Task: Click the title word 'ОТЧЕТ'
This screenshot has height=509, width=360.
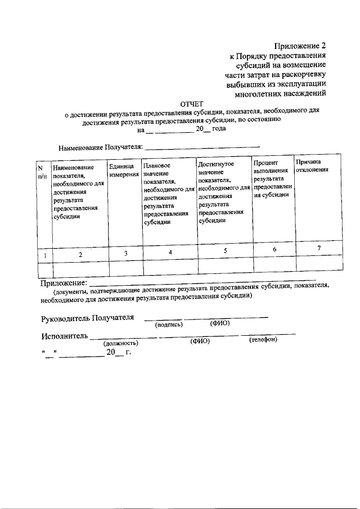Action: pos(191,103)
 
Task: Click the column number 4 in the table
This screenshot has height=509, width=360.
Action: pos(170,252)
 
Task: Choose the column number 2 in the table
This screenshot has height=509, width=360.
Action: pos(80,254)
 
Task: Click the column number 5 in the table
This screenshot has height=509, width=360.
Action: pos(225,251)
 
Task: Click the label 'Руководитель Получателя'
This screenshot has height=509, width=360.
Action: pos(88,318)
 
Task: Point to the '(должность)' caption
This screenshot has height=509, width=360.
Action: pos(120,343)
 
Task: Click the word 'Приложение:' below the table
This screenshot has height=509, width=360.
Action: pos(65,282)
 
